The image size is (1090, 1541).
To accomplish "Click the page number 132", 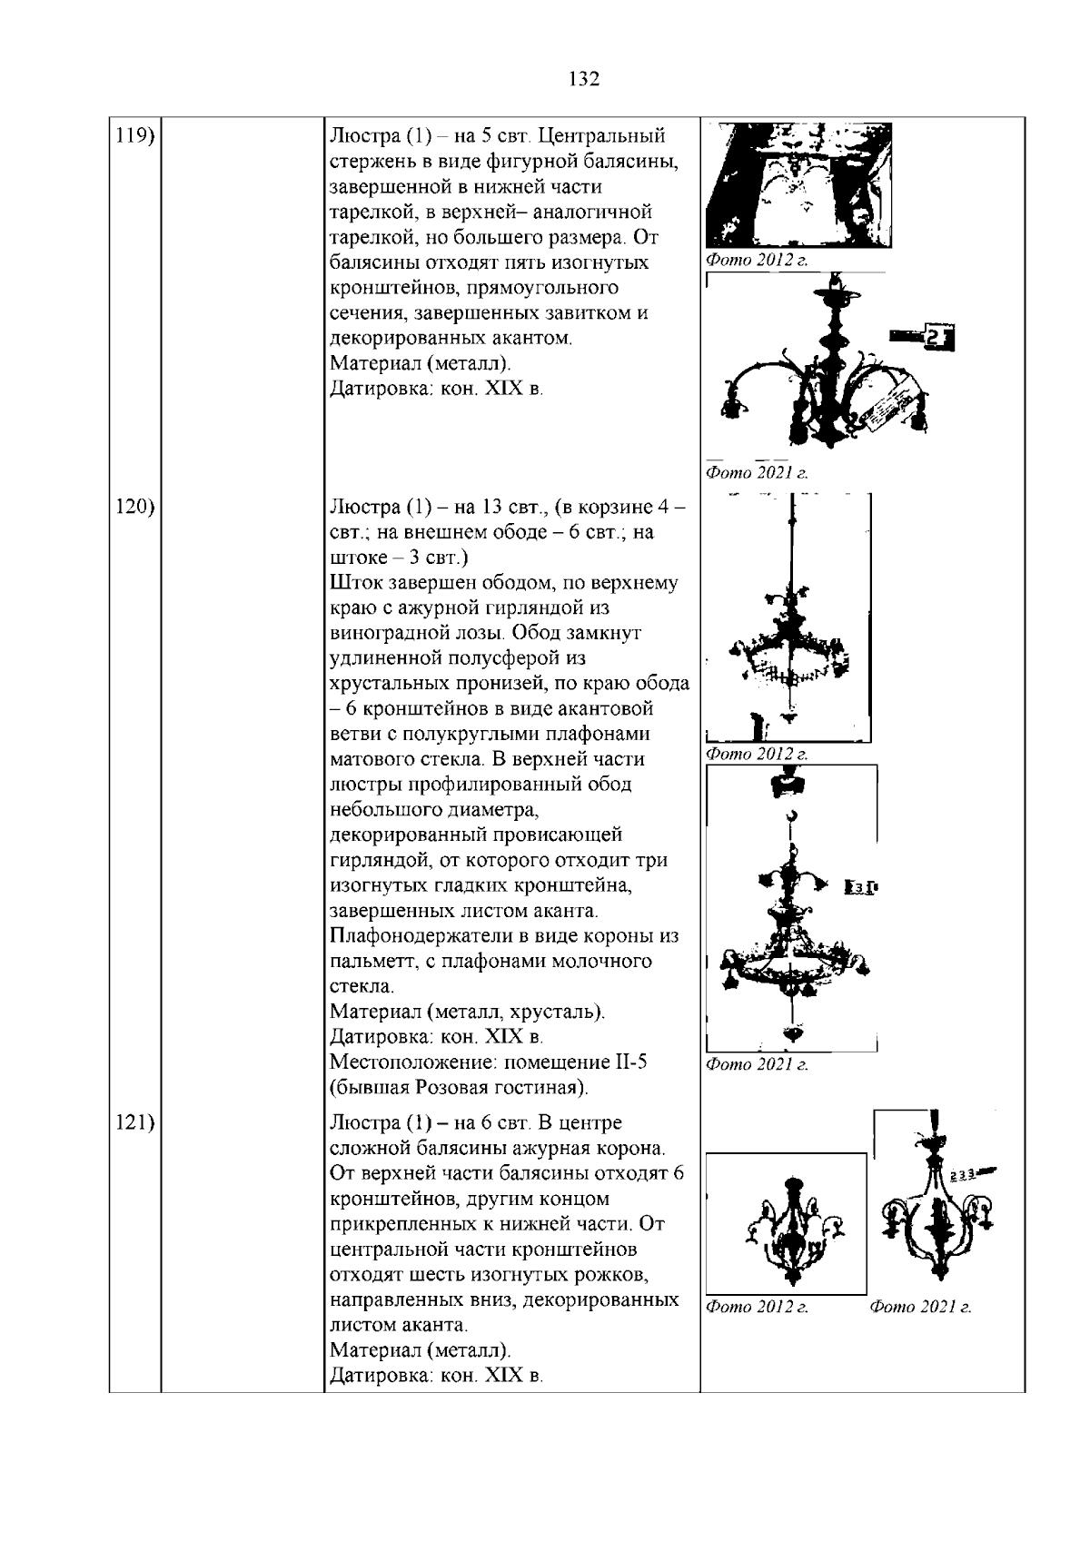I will pyautogui.click(x=584, y=79).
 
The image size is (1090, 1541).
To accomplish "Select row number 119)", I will pyautogui.click(x=134, y=136).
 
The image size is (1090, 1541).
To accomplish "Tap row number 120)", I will pyautogui.click(x=134, y=507).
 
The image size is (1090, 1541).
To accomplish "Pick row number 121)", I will pyautogui.click(x=134, y=1123).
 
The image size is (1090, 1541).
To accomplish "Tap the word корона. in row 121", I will pyautogui.click(x=632, y=1149).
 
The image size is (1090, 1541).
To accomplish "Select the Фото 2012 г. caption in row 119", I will pyautogui.click(x=757, y=261).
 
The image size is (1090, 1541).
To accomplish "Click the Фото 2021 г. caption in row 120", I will pyautogui.click(x=757, y=1064).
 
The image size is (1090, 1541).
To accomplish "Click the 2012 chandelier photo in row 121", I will pyautogui.click(x=786, y=1224).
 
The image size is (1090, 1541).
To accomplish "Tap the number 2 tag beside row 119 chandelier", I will pyautogui.click(x=936, y=340).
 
